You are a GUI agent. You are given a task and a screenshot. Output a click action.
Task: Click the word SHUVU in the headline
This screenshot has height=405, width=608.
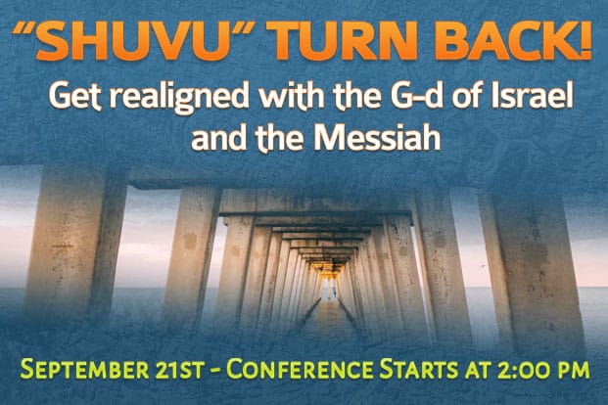(x=132, y=41)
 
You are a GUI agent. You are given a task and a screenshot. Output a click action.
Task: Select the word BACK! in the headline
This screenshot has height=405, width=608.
(x=513, y=41)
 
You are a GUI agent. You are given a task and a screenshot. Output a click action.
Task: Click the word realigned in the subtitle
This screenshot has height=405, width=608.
(x=179, y=97)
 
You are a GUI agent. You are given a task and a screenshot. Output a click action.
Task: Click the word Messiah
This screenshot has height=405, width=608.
(x=377, y=138)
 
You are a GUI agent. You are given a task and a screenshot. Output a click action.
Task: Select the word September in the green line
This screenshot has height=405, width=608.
(x=84, y=370)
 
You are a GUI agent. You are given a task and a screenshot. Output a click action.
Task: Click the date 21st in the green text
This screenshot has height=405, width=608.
(x=179, y=370)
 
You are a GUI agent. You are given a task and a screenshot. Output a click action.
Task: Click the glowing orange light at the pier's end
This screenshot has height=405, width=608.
(x=326, y=268)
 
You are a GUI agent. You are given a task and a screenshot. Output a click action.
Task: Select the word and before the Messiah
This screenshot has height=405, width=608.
(x=219, y=138)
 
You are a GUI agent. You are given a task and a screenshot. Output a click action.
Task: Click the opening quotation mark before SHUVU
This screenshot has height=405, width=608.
(x=24, y=29)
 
